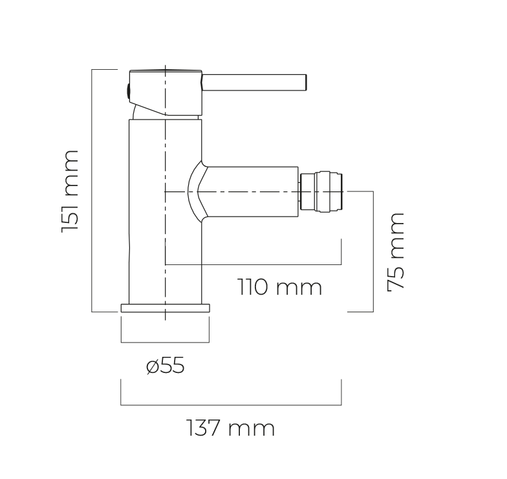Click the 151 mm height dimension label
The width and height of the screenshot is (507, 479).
[x=70, y=191]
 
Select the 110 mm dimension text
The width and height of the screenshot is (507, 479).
[x=280, y=287]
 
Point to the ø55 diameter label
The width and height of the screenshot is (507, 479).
[x=166, y=366]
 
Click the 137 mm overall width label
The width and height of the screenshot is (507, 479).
[x=231, y=428]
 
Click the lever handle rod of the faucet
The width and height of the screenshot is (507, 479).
[x=255, y=83]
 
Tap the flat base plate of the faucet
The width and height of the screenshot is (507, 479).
[x=166, y=308]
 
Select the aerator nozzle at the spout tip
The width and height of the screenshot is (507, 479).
[x=321, y=193]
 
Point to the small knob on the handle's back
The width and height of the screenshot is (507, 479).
[x=128, y=92]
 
